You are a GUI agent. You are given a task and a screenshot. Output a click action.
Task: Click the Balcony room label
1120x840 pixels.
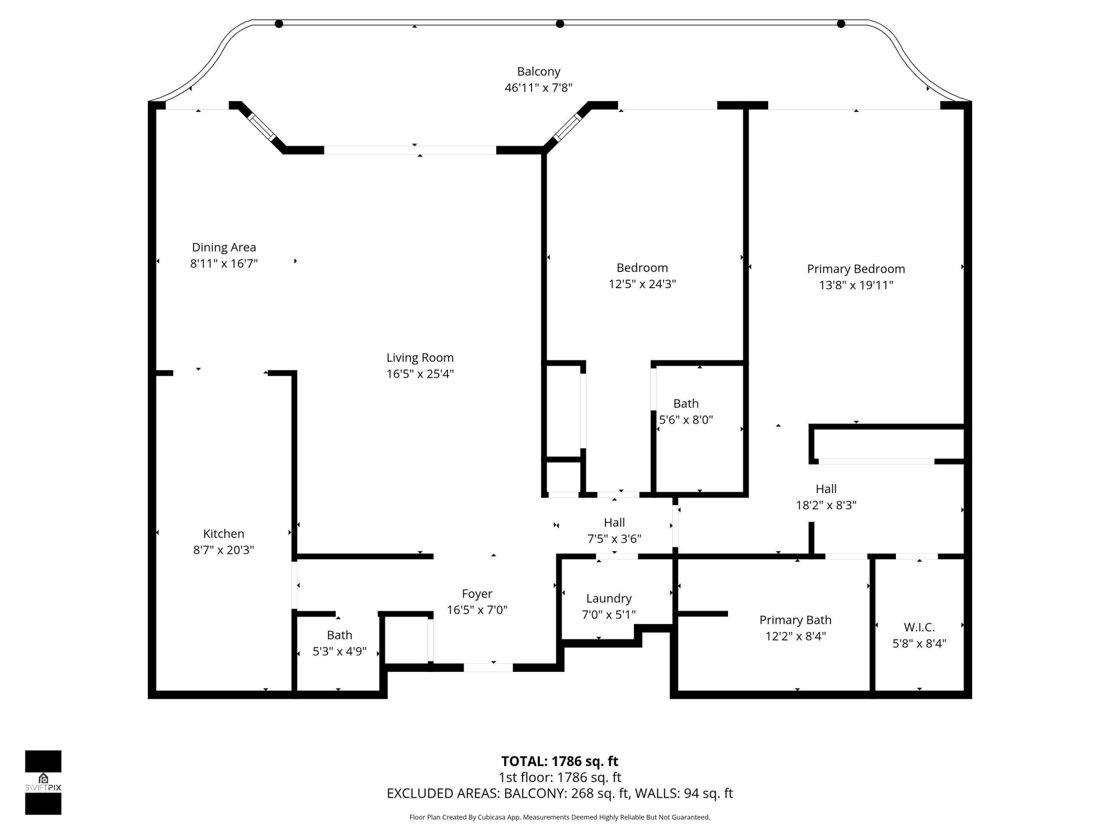(x=538, y=72)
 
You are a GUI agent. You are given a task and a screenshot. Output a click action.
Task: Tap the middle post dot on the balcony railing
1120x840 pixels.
(x=560, y=24)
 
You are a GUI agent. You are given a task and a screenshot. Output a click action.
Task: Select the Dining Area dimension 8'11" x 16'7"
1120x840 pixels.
(x=224, y=263)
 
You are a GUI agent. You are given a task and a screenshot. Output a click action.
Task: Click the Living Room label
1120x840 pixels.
(x=420, y=357)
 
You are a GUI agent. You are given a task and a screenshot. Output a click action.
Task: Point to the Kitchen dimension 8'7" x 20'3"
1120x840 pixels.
(x=223, y=550)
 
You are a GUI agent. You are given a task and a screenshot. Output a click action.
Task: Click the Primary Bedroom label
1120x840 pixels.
(x=856, y=269)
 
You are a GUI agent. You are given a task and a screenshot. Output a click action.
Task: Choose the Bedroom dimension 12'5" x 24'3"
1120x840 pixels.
(x=642, y=284)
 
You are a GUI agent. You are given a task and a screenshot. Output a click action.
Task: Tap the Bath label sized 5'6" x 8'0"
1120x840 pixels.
(x=686, y=404)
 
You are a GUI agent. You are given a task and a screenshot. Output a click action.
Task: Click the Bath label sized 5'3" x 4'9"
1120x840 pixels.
(x=339, y=635)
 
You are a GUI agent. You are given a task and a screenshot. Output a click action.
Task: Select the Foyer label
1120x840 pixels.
(x=476, y=593)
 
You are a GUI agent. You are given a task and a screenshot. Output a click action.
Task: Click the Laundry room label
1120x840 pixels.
(x=609, y=598)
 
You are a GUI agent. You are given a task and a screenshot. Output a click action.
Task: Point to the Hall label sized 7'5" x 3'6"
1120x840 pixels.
(x=614, y=523)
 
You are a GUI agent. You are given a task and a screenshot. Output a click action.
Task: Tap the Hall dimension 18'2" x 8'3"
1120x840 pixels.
(x=826, y=505)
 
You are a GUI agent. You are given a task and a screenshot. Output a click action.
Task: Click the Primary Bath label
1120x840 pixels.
(x=795, y=620)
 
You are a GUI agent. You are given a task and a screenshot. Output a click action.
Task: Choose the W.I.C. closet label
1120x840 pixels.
(x=919, y=627)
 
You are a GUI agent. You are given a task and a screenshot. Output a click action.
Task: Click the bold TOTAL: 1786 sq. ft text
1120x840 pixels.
(x=560, y=761)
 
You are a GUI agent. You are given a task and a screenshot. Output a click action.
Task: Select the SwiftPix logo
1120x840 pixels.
(x=43, y=782)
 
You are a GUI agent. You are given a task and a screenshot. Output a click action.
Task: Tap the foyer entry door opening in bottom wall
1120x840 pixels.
(x=488, y=668)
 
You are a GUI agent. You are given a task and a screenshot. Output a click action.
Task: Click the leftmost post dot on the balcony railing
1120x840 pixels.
(x=278, y=24)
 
